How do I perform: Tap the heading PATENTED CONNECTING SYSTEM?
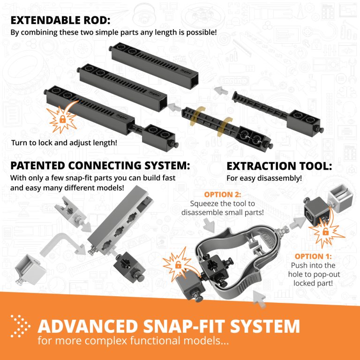pyautogui.click(x=100, y=166)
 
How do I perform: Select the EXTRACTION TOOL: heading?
pyautogui.click(x=279, y=166)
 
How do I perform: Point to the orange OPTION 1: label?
pyautogui.click(x=313, y=256)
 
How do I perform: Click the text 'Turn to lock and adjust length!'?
pyautogui.click(x=65, y=142)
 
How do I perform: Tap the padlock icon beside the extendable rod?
pyautogui.click(x=62, y=119)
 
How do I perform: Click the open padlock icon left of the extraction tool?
pyautogui.click(x=178, y=266)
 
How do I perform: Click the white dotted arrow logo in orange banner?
pyautogui.click(x=20, y=326)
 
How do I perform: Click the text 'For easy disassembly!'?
pyautogui.click(x=264, y=178)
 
